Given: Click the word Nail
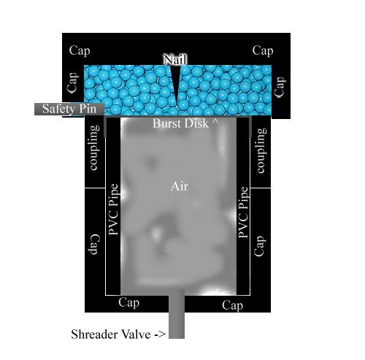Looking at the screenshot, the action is tap(175, 59).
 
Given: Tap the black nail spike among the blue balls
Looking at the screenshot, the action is tap(176, 83).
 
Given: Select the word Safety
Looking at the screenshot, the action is tap(58, 109).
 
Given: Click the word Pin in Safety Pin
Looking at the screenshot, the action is tap(88, 109).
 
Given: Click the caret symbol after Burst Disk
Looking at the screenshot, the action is tap(215, 121).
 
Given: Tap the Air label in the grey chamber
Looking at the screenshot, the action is tap(180, 186).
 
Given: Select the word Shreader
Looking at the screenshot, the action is tap(93, 334).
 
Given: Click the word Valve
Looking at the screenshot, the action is tap(136, 334).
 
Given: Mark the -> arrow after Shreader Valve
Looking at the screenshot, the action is tap(160, 334).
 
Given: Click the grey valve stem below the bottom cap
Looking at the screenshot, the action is tap(177, 314).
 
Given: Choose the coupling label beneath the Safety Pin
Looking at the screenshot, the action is tap(95, 148).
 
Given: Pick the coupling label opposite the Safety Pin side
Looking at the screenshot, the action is tap(261, 150).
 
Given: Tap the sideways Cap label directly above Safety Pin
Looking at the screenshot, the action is tap(72, 83).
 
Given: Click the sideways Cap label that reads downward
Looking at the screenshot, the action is tap(94, 245).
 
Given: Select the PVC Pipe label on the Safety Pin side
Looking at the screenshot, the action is tap(113, 210).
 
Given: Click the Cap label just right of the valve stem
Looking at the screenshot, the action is tap(232, 305).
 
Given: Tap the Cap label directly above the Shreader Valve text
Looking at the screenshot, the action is tap(128, 303).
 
